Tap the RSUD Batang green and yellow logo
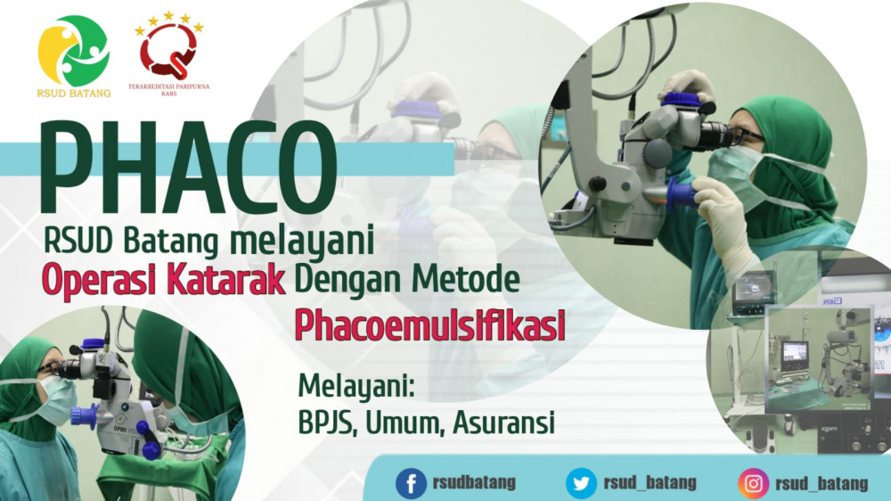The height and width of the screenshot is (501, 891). click(73, 51)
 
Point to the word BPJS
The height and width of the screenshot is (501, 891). click(328, 423)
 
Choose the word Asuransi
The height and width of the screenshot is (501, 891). click(503, 423)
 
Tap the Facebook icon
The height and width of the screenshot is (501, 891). click(411, 484)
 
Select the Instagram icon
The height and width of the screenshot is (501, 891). click(753, 484)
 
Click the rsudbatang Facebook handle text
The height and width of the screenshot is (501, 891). click(474, 483)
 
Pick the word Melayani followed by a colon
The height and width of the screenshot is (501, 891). click(356, 387)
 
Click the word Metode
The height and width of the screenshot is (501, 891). click(466, 279)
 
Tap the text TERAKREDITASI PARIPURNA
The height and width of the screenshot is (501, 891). click(168, 87)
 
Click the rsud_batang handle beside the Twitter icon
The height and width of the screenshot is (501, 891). click(650, 483)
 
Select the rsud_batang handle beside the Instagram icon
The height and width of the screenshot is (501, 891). click(822, 484)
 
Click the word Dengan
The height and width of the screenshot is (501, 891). click(349, 280)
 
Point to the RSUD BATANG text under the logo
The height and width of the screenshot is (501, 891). click(74, 94)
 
